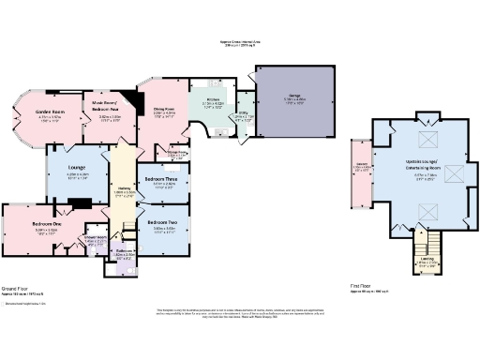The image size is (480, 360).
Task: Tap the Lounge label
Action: [78, 170]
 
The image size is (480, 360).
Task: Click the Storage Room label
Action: [176, 154]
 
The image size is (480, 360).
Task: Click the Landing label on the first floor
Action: [427, 261]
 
